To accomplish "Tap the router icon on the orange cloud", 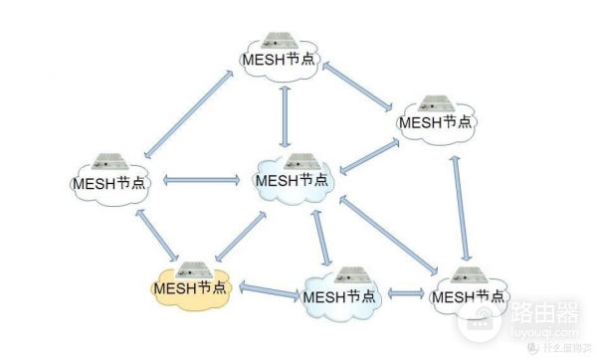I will (191, 267).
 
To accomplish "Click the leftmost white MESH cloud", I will (109, 184).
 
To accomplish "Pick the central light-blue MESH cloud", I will (292, 181).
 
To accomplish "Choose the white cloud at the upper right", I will (436, 122).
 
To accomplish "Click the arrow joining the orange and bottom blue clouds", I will (269, 291).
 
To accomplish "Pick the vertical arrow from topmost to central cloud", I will (286, 112).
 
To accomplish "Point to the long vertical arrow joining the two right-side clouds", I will (461, 208).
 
